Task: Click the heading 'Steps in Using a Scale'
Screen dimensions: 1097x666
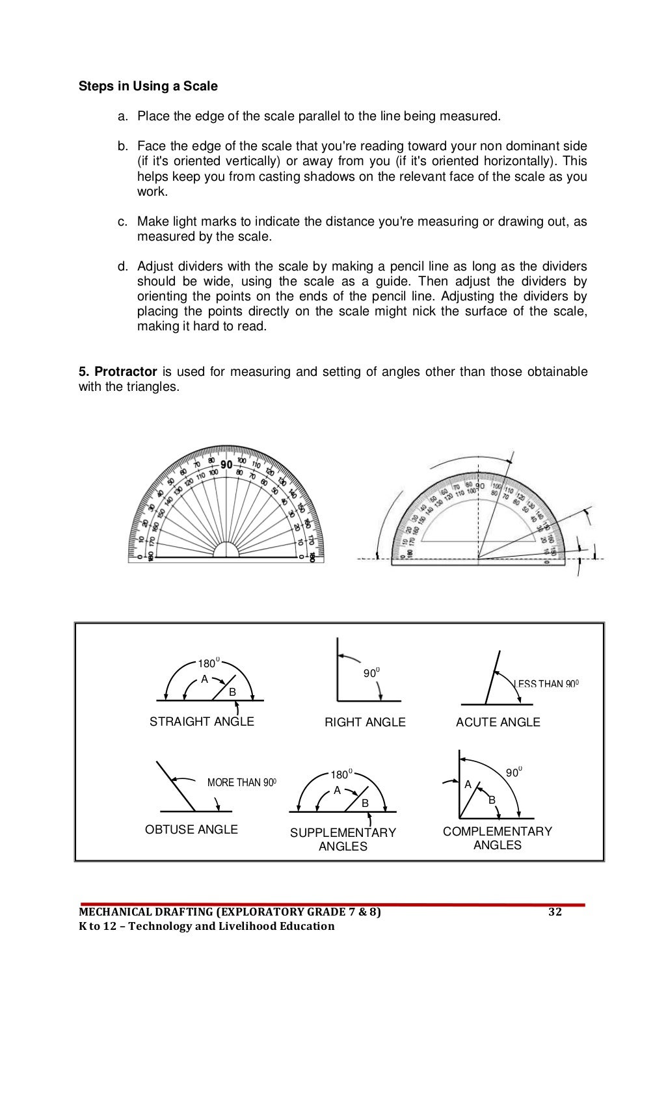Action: click(x=148, y=86)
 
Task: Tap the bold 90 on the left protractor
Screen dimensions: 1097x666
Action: click(x=226, y=464)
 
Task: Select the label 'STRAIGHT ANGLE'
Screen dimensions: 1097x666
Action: click(x=202, y=722)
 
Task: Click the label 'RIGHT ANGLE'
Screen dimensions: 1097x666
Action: click(x=365, y=722)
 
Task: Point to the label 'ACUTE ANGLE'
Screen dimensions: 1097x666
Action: click(x=498, y=722)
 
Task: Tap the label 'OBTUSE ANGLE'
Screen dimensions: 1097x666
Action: click(x=191, y=830)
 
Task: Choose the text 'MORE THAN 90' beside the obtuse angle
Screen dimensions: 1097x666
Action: click(x=240, y=783)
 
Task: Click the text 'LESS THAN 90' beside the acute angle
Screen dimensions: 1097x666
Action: click(x=544, y=684)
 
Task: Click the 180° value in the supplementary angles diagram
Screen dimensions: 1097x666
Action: click(x=340, y=774)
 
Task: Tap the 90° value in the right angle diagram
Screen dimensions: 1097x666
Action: click(x=371, y=674)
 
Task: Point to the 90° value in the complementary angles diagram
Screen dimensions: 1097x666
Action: click(x=513, y=773)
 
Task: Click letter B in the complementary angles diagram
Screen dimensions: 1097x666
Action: click(x=492, y=800)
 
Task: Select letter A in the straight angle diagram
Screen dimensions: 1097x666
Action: click(x=204, y=680)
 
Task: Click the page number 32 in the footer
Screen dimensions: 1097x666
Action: click(x=555, y=912)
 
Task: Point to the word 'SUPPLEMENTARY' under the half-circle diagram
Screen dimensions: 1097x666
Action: click(x=343, y=833)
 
